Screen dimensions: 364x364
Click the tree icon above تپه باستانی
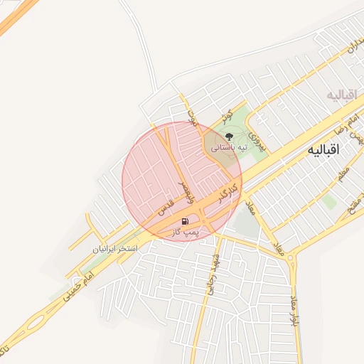(x=228, y=136)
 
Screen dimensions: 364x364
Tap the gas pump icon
(x=186, y=221)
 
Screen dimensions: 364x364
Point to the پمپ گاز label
(x=188, y=232)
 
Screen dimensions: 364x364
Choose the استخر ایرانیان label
(x=113, y=250)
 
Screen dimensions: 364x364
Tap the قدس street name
(x=166, y=208)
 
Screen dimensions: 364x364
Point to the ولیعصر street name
(x=183, y=190)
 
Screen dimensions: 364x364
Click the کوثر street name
(x=227, y=117)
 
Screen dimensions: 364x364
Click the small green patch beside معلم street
(x=328, y=202)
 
